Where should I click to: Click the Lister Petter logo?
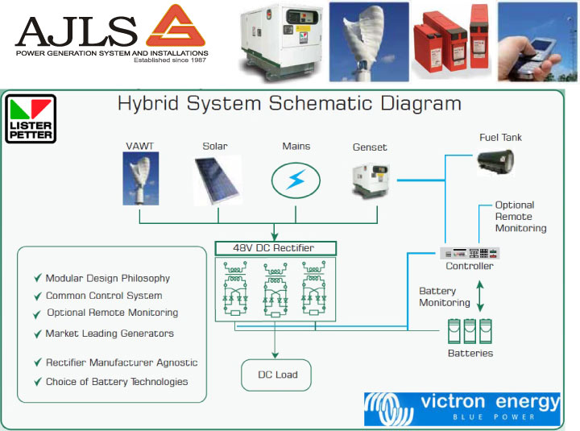point(31,119)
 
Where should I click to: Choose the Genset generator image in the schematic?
point(371,178)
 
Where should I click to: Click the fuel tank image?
point(495,161)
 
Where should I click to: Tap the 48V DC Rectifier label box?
point(275,247)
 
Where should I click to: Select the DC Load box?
point(276,375)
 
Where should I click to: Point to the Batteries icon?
point(470,331)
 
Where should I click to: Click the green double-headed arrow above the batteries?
point(481,295)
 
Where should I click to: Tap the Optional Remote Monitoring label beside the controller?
point(520,217)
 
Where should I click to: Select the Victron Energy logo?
point(462,408)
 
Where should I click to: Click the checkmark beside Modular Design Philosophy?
point(38,278)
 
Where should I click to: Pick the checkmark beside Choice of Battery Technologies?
point(38,382)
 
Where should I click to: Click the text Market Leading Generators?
point(110,333)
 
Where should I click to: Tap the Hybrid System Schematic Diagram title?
point(289,104)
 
